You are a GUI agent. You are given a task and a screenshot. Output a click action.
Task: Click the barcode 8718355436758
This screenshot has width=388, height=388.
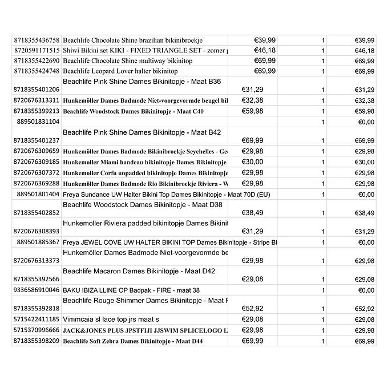click(x=36, y=41)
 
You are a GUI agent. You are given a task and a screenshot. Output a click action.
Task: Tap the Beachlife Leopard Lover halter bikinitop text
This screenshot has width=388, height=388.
click(x=120, y=71)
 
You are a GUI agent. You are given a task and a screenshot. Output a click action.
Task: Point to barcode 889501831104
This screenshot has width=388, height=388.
click(x=38, y=122)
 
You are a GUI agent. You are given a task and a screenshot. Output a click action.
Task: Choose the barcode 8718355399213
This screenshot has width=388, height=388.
click(x=36, y=111)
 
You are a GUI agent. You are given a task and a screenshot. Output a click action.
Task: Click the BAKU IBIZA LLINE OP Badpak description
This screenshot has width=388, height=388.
click(x=131, y=290)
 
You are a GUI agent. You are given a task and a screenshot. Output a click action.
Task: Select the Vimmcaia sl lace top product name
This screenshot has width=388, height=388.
click(x=111, y=320)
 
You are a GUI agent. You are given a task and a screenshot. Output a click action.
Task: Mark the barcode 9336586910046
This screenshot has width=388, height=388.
click(x=36, y=290)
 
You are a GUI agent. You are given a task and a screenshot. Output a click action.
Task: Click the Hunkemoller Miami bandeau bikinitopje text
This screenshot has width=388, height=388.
click(x=145, y=162)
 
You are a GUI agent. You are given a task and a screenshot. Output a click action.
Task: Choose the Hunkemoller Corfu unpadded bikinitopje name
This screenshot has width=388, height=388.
click(x=145, y=173)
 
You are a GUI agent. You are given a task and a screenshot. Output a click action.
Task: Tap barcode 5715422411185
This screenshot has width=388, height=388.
click(x=36, y=320)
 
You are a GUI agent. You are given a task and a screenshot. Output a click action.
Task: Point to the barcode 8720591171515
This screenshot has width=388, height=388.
click(x=36, y=51)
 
